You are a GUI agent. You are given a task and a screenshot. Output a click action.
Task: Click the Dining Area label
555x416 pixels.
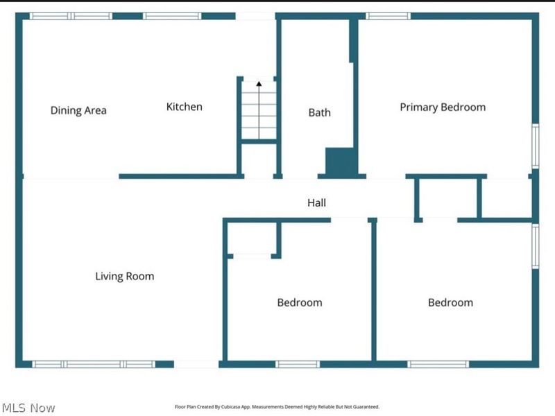pyautogui.click(x=78, y=110)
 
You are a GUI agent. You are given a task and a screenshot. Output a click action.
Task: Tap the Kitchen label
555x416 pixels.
pyautogui.click(x=185, y=107)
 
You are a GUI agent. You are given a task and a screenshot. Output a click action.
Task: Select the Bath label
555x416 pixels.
pyautogui.click(x=320, y=112)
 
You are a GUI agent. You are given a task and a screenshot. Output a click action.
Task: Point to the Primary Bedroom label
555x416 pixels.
pyautogui.click(x=443, y=107)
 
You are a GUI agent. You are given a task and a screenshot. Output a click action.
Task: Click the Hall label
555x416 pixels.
pyautogui.click(x=316, y=202)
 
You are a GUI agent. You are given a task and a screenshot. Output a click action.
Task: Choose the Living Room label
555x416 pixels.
pyautogui.click(x=125, y=276)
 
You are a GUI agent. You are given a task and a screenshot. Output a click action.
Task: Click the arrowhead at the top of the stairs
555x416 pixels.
pyautogui.click(x=259, y=84)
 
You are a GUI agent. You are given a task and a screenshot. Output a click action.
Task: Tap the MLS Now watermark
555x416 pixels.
pyautogui.click(x=28, y=408)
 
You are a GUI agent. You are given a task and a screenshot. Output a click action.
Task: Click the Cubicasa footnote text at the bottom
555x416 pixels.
pyautogui.click(x=277, y=407)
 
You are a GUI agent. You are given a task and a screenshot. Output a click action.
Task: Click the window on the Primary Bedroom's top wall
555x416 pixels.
pyautogui.click(x=388, y=16)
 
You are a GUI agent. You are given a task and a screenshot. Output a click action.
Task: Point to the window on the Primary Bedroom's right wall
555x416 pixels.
pyautogui.click(x=536, y=146)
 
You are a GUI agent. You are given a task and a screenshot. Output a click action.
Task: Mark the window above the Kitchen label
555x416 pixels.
pyautogui.click(x=172, y=16)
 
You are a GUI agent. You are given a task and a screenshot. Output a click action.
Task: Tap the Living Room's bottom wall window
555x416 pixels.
pyautogui.click(x=94, y=365)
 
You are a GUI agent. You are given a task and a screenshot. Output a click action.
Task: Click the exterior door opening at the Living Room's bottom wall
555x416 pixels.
pyautogui.click(x=196, y=365)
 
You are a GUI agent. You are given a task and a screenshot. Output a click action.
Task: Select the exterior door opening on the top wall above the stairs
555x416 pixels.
pyautogui.click(x=255, y=16)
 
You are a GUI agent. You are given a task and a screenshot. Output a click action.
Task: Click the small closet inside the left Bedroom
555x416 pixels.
pyautogui.click(x=252, y=238)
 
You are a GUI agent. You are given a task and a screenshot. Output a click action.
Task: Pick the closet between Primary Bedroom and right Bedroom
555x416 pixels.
pyautogui.click(x=447, y=198)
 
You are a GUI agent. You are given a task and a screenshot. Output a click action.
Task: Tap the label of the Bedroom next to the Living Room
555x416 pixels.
pyautogui.click(x=300, y=302)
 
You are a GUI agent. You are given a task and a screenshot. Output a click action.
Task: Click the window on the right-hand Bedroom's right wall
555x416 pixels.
pyautogui.click(x=536, y=246)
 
